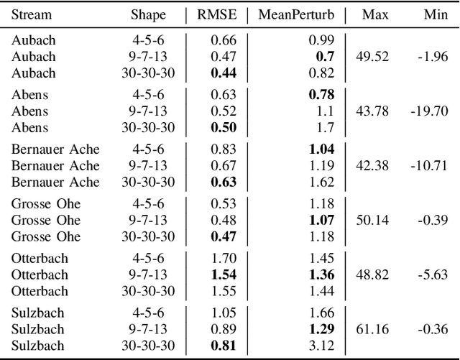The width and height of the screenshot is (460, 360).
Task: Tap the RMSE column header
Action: (x=224, y=14)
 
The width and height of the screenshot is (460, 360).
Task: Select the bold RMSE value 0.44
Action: (x=224, y=73)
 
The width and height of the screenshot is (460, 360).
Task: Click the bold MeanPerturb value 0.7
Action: (x=324, y=56)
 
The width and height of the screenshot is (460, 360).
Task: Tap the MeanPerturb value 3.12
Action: (x=319, y=346)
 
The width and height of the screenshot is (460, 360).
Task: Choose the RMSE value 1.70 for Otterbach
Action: (x=224, y=257)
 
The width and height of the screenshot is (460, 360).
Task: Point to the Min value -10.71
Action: (x=431, y=165)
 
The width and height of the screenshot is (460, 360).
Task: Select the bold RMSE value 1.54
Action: (x=224, y=274)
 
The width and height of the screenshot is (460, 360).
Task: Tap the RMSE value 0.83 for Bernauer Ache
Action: (x=224, y=149)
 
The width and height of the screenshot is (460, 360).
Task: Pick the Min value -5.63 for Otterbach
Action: (x=433, y=274)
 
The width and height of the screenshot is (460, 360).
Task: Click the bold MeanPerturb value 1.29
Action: (x=321, y=329)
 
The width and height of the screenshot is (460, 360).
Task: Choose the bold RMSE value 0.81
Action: (x=224, y=346)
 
